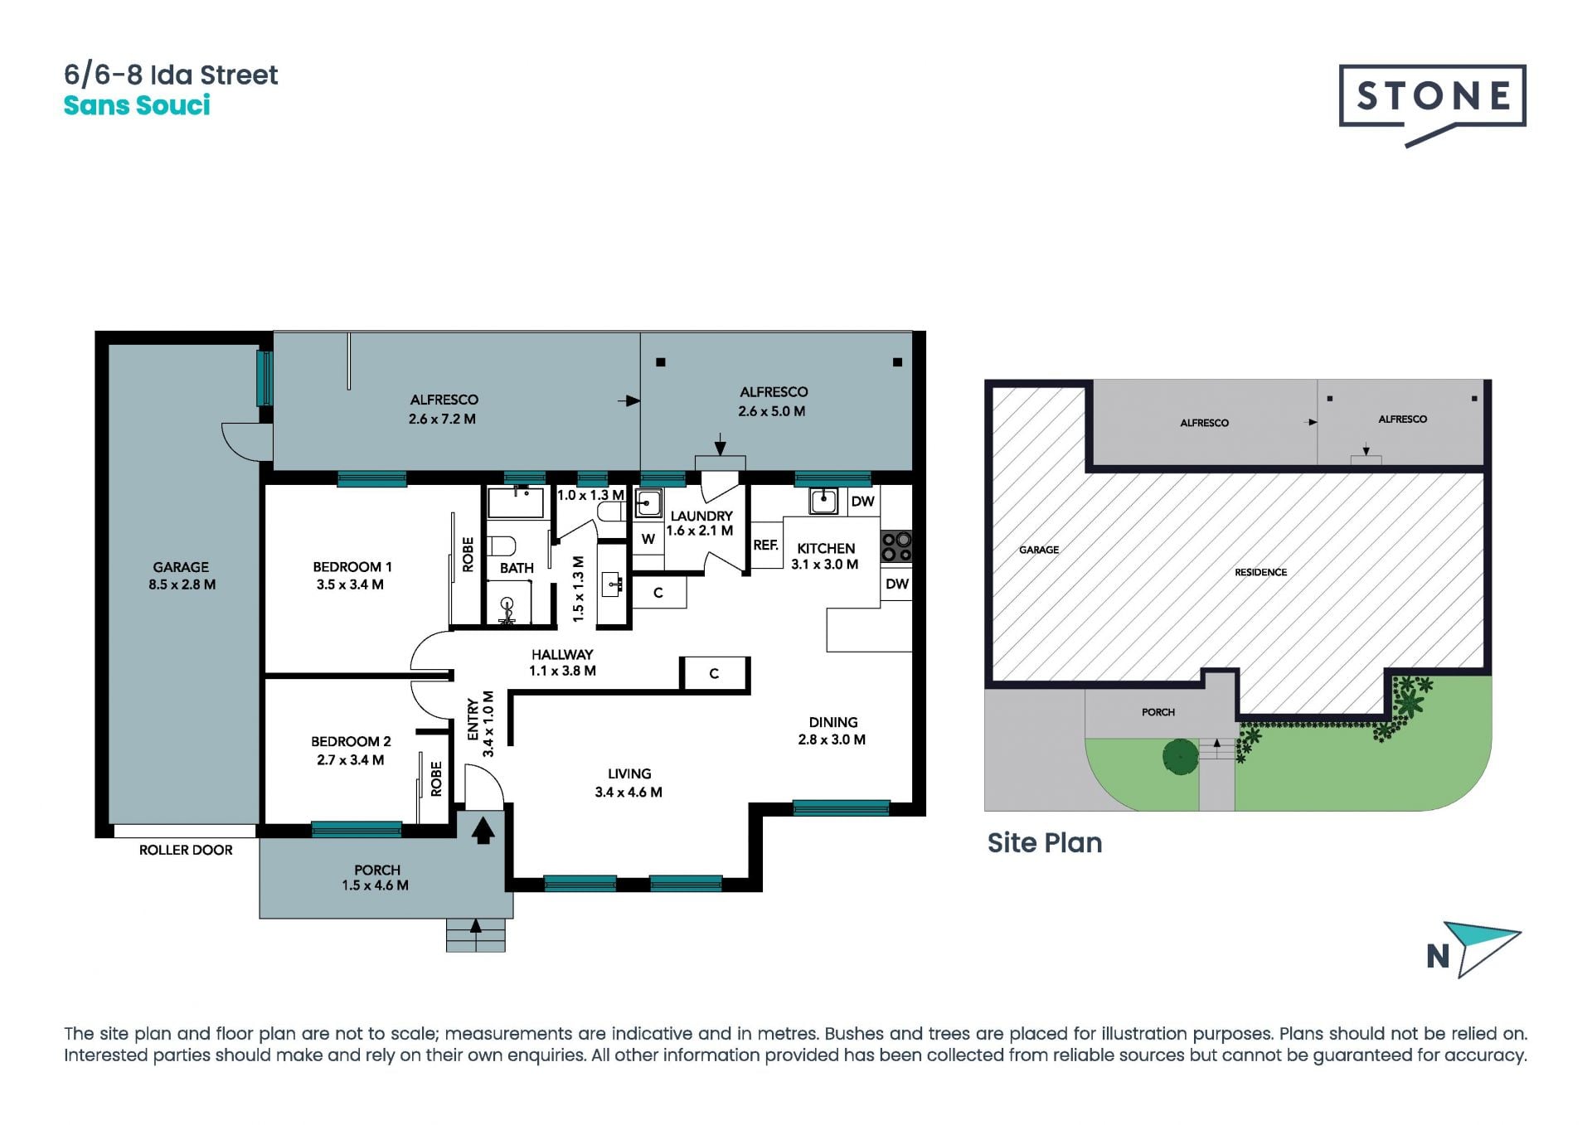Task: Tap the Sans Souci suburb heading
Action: [x=137, y=106]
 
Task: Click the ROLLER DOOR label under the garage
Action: [x=186, y=850]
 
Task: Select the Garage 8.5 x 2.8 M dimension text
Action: [x=182, y=584]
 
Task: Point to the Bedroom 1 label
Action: [x=352, y=567]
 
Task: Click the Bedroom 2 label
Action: [x=351, y=741]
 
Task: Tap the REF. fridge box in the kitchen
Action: [x=766, y=545]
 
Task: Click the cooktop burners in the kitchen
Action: [x=896, y=546]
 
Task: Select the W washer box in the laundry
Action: [x=648, y=539]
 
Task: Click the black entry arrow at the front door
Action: [x=483, y=829]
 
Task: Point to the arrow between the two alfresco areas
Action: [x=629, y=401]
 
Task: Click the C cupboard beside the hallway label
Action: [x=715, y=674]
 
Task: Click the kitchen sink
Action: [x=823, y=501]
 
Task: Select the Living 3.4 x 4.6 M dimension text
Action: [x=629, y=793]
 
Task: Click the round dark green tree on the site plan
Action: [x=1180, y=756]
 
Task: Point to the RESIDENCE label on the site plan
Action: [x=1260, y=572]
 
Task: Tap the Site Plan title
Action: [x=1045, y=843]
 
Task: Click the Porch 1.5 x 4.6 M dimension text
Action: [x=375, y=885]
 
